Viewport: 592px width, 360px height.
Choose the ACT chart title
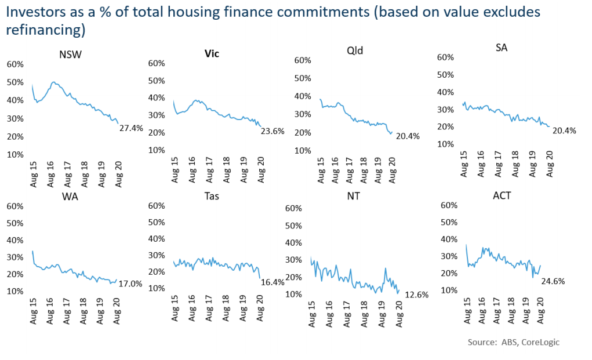(x=502, y=196)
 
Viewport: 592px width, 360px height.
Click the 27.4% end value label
(x=130, y=127)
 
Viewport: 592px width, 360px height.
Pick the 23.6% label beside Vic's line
(x=271, y=131)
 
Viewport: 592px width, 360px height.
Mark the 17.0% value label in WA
(x=130, y=284)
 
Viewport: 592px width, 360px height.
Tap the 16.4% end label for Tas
(x=271, y=283)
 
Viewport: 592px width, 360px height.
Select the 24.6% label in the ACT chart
(x=553, y=281)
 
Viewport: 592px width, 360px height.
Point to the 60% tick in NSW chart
(x=15, y=64)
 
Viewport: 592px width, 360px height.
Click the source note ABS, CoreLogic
(x=514, y=342)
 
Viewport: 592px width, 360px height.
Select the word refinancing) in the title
(x=46, y=29)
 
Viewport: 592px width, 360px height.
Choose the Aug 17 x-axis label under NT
(x=346, y=315)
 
